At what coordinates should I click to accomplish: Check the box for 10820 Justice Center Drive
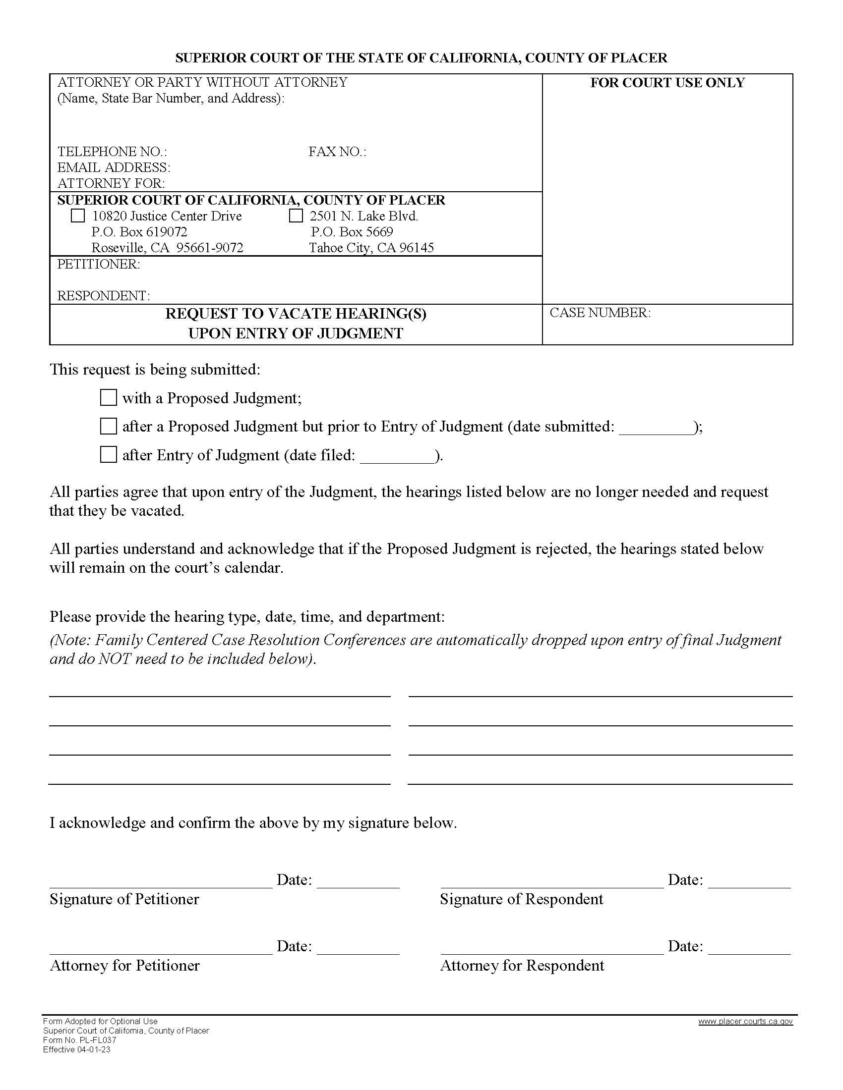click(78, 216)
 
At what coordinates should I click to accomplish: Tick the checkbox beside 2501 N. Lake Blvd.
click(296, 216)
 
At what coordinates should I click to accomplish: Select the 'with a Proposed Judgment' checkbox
click(109, 398)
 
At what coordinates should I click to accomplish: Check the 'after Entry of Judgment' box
click(109, 455)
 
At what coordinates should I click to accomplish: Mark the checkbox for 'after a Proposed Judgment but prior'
click(109, 426)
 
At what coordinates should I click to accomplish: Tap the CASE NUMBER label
click(600, 313)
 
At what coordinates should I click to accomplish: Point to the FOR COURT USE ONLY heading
click(667, 83)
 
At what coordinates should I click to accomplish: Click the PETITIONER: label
click(99, 265)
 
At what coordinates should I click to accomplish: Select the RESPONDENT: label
click(103, 296)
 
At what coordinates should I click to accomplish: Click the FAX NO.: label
click(337, 152)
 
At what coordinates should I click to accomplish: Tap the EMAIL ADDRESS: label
click(114, 167)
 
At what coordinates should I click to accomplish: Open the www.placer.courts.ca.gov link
click(745, 1022)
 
